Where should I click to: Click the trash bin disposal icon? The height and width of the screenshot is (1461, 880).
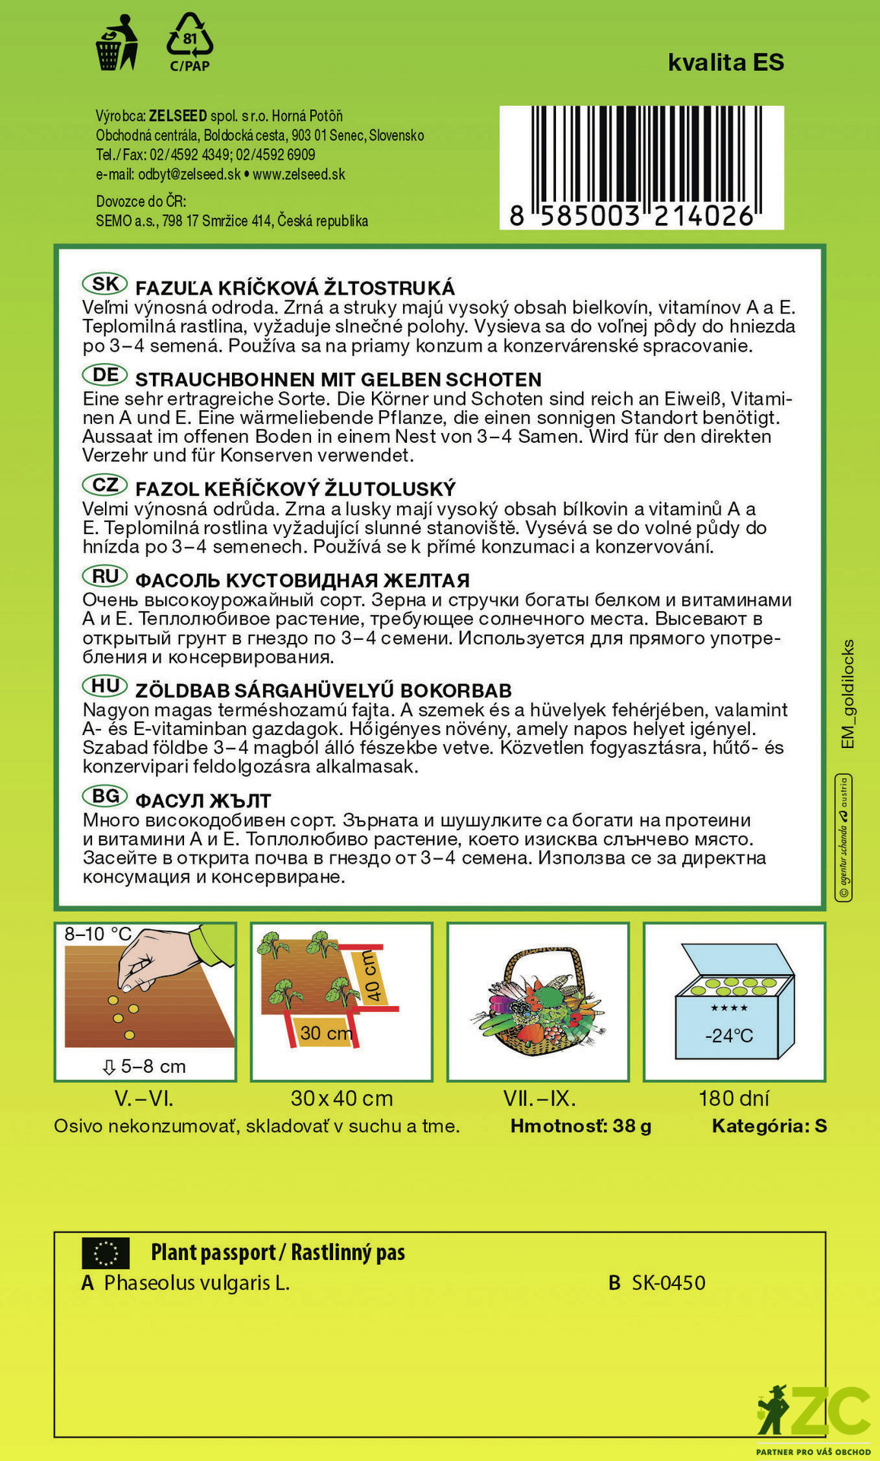pos(116,44)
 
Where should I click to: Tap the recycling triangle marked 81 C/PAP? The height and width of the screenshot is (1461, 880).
pos(189,41)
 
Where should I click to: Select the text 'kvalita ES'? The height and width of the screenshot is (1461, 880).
pos(726,62)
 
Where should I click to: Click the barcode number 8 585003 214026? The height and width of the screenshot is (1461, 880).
pos(631,216)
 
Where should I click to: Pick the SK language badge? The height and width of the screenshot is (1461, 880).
pos(105,285)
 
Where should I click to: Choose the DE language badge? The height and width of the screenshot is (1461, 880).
pos(105,375)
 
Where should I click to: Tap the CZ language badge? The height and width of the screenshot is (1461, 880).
pos(105,485)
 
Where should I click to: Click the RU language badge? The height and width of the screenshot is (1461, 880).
pos(105,576)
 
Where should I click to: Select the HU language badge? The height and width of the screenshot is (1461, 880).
pos(105,686)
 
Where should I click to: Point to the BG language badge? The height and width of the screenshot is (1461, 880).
pos(105,796)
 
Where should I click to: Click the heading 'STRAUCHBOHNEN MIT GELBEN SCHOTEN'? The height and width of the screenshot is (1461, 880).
pos(338,380)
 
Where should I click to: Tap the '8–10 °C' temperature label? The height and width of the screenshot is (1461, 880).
pos(98,934)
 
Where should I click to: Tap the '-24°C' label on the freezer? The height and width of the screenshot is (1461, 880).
pos(729,1036)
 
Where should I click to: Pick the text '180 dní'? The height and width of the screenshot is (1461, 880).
pos(734,1098)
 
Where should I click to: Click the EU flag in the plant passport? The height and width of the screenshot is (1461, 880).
pos(106,1253)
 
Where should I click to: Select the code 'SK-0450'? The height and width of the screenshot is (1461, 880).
pos(668,1283)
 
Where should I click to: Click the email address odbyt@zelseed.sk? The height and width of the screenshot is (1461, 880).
pos(189,174)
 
